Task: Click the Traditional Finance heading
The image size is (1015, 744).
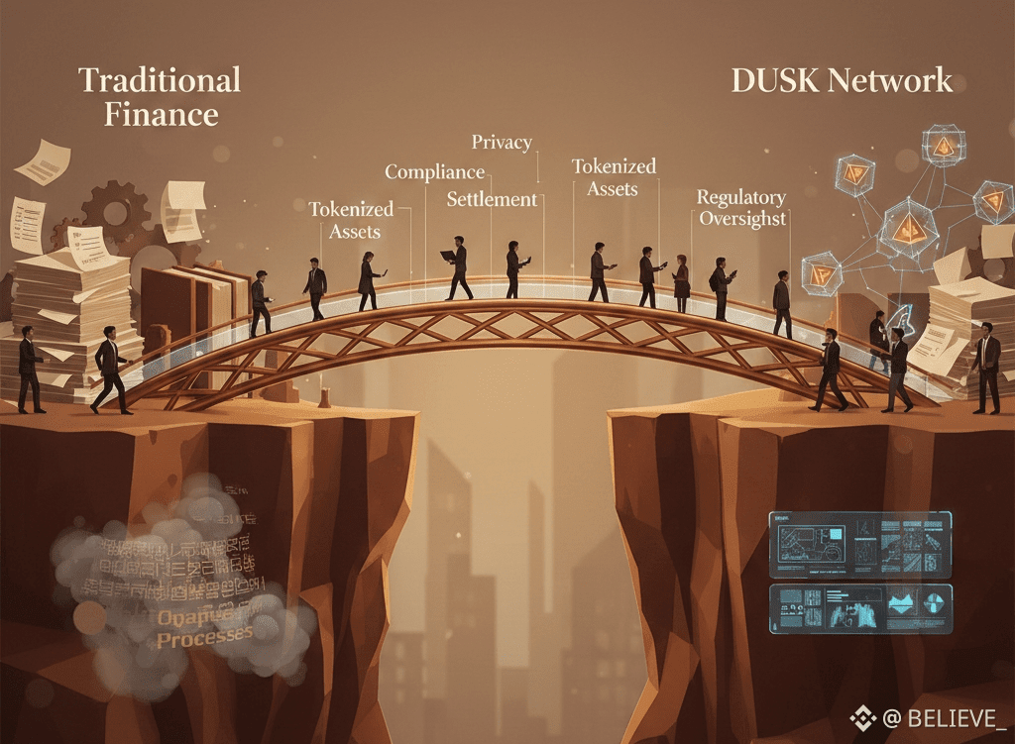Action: tap(159, 96)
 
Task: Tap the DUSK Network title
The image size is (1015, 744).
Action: tap(842, 81)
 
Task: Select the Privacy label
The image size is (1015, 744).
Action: tap(502, 143)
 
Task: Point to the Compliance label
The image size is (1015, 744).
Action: tap(434, 172)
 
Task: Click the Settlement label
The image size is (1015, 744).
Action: tap(492, 199)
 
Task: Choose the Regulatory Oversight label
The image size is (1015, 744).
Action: tap(741, 208)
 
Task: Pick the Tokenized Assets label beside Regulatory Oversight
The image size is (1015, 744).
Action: tap(614, 177)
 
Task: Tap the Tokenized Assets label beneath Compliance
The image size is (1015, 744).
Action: tap(351, 220)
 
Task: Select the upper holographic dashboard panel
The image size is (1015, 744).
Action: tap(859, 545)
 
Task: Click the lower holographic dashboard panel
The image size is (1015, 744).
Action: tap(859, 608)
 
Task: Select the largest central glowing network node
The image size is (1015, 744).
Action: tap(905, 227)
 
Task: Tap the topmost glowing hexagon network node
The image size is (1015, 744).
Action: tap(943, 146)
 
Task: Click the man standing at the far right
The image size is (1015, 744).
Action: tap(986, 368)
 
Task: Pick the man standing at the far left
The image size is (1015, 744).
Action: tap(29, 369)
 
